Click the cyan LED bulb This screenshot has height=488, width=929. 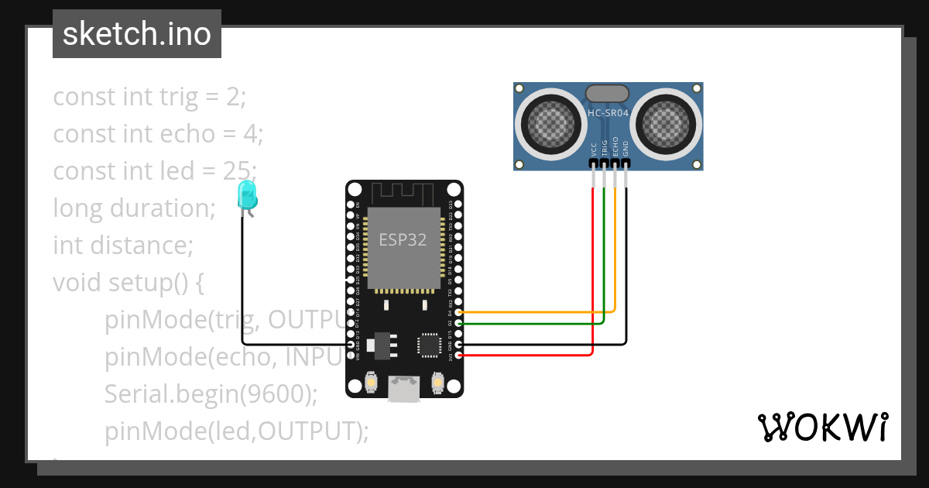point(247,194)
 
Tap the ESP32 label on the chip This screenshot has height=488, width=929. point(403,239)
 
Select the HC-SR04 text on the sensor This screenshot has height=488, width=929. point(608,113)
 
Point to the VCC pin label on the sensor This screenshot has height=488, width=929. point(594,149)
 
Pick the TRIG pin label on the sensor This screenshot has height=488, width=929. point(605,149)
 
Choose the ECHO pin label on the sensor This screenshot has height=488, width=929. point(615,148)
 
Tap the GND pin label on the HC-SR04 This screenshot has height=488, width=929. point(626,149)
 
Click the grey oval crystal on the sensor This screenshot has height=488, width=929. point(608,93)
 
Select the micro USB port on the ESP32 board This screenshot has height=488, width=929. point(404,387)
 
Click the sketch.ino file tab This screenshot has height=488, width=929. point(137,34)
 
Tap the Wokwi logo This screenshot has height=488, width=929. point(822,428)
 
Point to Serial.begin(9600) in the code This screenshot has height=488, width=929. point(211,393)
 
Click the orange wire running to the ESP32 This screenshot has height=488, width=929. point(542,312)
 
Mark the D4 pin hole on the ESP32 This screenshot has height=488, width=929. point(459,312)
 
